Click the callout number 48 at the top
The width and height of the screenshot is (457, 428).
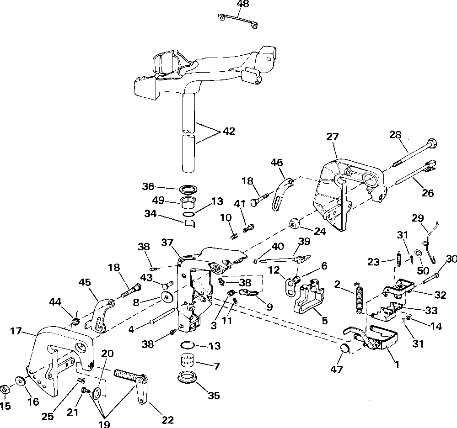tap(243, 5)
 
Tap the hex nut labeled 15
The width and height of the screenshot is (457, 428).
tap(5, 390)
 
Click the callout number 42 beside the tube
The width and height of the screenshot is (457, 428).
tap(229, 131)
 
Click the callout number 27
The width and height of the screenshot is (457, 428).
tap(333, 137)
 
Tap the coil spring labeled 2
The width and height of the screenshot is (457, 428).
tap(359, 298)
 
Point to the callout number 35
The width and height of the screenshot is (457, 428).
tap(214, 396)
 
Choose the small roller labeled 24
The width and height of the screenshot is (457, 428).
tap(295, 224)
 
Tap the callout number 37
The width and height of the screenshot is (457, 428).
tap(167, 242)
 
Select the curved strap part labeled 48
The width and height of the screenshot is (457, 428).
tap(238, 21)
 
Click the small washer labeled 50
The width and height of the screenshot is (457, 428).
tap(419, 252)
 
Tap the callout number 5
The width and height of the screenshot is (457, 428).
tap(325, 321)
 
